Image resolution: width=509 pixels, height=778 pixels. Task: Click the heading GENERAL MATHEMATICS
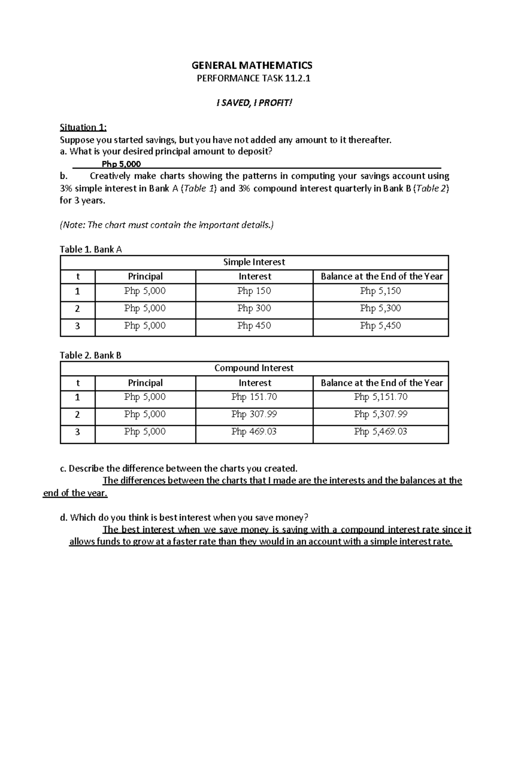tap(252, 65)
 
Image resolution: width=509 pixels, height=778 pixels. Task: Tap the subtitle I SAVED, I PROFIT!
tap(254, 103)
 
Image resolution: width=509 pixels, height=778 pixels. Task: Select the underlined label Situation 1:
tap(83, 127)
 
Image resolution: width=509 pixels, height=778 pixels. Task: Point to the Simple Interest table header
tap(254, 262)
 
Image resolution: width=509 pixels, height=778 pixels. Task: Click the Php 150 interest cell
tap(254, 291)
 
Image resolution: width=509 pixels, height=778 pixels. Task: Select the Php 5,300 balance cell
tap(380, 308)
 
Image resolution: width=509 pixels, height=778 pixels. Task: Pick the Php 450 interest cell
tap(254, 326)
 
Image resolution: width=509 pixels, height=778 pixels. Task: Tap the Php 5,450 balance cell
tap(380, 326)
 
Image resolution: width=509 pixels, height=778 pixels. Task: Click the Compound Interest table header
tap(254, 368)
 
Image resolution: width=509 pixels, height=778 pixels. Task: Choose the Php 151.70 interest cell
tap(254, 397)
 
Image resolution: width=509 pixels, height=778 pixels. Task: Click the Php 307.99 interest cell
tap(254, 414)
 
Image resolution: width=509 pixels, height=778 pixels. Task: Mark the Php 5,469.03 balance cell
tap(380, 432)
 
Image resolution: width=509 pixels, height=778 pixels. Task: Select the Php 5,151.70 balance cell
tap(380, 397)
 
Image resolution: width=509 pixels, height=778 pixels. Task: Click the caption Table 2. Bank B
tap(91, 355)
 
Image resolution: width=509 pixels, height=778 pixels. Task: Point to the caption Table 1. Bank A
tap(91, 249)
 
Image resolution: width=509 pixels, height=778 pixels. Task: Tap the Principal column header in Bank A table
tap(145, 276)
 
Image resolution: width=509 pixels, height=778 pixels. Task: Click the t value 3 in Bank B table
tap(77, 432)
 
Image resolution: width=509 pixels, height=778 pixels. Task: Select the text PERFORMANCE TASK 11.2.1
tap(254, 78)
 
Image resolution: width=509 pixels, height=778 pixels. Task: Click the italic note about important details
tap(167, 225)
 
